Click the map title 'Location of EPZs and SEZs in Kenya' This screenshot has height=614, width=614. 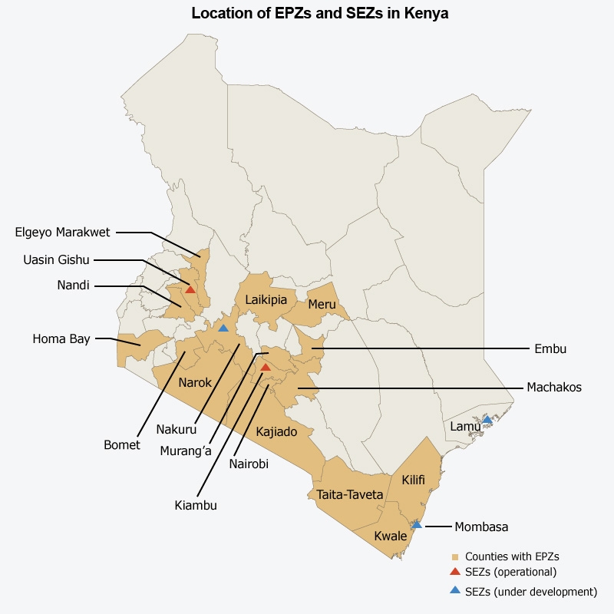(x=319, y=14)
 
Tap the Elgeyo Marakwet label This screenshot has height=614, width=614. (x=63, y=232)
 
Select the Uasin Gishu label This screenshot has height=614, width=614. (x=56, y=259)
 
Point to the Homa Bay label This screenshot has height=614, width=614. (x=61, y=338)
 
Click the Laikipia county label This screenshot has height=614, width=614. (x=266, y=299)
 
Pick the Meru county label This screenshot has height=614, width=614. (x=322, y=304)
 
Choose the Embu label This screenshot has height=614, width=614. (x=550, y=348)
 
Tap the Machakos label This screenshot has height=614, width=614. (x=554, y=388)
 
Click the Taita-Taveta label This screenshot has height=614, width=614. (x=350, y=495)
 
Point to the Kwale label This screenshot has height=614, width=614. (x=391, y=536)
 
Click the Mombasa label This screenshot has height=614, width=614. (x=481, y=527)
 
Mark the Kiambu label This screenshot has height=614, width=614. (x=196, y=505)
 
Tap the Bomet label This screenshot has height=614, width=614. (x=122, y=445)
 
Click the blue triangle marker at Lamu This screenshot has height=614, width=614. (x=487, y=420)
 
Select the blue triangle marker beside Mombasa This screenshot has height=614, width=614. (x=417, y=525)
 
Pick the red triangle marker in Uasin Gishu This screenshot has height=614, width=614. (x=190, y=289)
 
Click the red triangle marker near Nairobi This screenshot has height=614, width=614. (x=266, y=368)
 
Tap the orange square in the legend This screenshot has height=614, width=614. (x=455, y=556)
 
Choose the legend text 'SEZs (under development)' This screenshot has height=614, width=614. (x=531, y=592)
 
